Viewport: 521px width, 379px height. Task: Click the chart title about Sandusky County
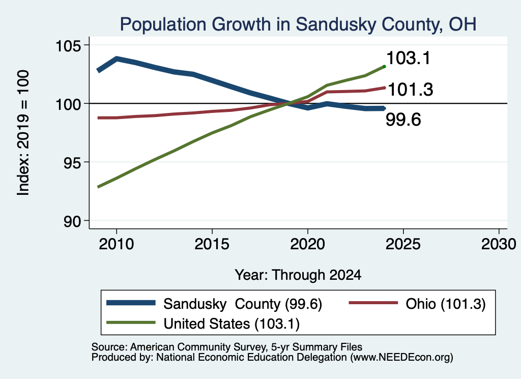tap(298, 24)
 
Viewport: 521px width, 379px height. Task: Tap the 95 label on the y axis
tap(72, 162)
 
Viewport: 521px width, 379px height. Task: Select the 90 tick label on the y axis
tap(72, 221)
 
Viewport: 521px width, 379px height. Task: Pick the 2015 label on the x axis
tap(212, 244)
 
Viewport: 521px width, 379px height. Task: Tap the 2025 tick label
tap(403, 244)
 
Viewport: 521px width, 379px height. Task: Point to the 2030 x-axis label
tap(499, 244)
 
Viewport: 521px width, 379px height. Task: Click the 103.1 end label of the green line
tap(409, 58)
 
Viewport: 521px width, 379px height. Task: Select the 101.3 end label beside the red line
tap(411, 90)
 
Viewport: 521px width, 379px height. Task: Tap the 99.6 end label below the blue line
tap(403, 120)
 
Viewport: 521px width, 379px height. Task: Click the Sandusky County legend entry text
tap(243, 304)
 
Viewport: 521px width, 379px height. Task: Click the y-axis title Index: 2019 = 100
tap(23, 133)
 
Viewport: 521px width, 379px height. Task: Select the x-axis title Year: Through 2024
tap(298, 275)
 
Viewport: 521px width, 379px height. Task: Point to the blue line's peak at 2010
tap(117, 59)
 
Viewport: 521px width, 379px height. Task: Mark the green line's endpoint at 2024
tap(385, 67)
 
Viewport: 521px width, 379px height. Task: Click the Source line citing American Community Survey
tap(227, 347)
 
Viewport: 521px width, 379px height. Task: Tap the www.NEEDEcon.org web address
tap(401, 358)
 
